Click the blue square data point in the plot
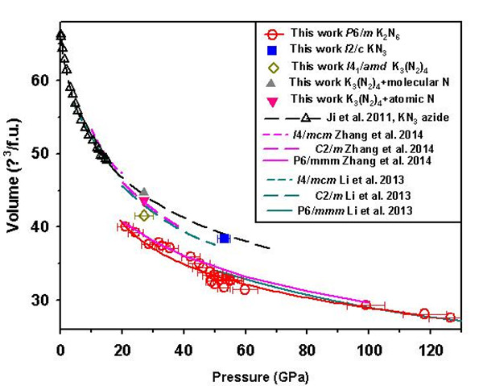click(x=224, y=239)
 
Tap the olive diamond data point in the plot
click(x=144, y=215)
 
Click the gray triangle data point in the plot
click(x=144, y=193)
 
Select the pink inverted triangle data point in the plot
click(x=144, y=201)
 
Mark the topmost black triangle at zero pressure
click(x=60, y=35)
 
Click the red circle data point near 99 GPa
click(x=365, y=305)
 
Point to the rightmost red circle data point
click(x=450, y=318)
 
